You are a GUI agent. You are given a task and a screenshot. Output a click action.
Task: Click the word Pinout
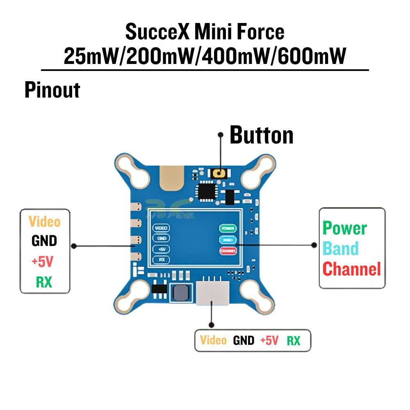pos(52,90)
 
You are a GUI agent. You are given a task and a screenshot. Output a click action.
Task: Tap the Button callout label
pos(261,135)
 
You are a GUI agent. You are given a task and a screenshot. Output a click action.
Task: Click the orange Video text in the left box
pos(44,222)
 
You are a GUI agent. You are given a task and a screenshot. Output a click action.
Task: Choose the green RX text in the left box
pos(44,282)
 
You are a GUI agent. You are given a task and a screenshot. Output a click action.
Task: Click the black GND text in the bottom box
pos(244,340)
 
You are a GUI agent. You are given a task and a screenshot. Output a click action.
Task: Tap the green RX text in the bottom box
pos(293,340)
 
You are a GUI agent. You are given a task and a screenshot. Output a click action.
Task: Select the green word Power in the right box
pos(345,228)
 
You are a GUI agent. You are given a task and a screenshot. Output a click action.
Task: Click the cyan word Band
pos(341,248)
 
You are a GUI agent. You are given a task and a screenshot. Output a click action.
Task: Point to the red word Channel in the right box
pos(351,269)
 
